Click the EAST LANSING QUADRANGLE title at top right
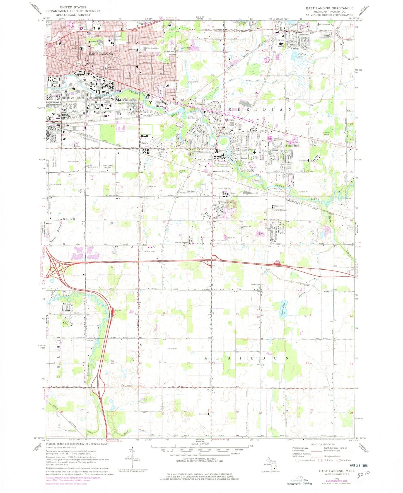(329, 8)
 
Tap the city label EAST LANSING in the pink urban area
(101, 54)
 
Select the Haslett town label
(295, 48)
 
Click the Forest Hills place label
(293, 146)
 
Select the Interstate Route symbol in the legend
(298, 460)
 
